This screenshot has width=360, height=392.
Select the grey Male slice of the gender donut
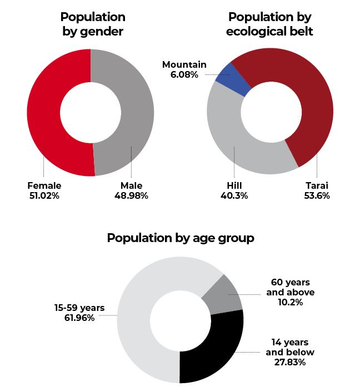click(136, 111)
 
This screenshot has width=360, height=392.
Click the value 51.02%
click(44, 196)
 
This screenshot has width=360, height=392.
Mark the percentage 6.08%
click(184, 75)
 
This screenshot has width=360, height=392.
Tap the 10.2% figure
click(291, 302)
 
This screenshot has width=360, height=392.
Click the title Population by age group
click(181, 238)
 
